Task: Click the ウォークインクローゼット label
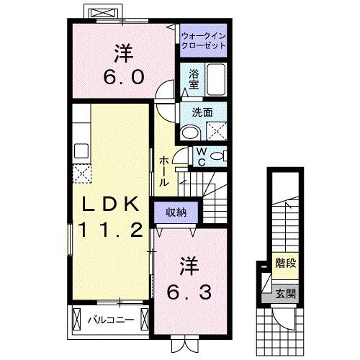tap(203, 39)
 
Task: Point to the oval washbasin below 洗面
tap(191, 132)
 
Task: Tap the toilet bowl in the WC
tap(218, 156)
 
